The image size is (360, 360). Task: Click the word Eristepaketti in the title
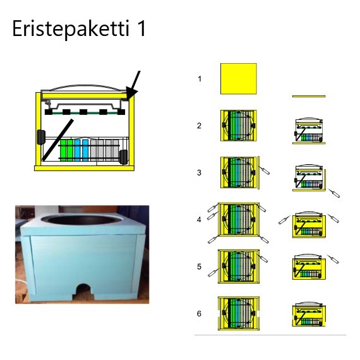pos(70,29)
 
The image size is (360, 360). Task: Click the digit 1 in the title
pos(141,28)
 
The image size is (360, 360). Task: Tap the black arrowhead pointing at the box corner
pos(131,93)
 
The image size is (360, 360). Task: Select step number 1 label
pos(200,79)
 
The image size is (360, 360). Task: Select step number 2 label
pos(200,126)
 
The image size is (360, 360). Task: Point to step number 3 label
pos(200,172)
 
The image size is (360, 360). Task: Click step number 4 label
pos(200,220)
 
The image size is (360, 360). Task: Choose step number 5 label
pos(200,267)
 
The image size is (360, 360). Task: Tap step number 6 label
pos(200,314)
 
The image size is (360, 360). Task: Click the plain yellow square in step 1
pos(239,79)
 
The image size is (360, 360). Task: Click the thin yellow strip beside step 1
pos(309,97)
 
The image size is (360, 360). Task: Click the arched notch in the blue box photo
pos(83,291)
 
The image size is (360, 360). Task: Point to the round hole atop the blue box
pos(82,220)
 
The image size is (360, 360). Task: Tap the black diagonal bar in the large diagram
pos(57,140)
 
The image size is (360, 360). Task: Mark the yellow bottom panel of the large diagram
pos(84,168)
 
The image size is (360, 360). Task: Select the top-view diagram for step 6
pos(239,313)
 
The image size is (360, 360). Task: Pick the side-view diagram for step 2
pos(309,131)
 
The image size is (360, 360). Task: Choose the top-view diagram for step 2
pos(239,126)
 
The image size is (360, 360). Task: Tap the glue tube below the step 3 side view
pos(334,193)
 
